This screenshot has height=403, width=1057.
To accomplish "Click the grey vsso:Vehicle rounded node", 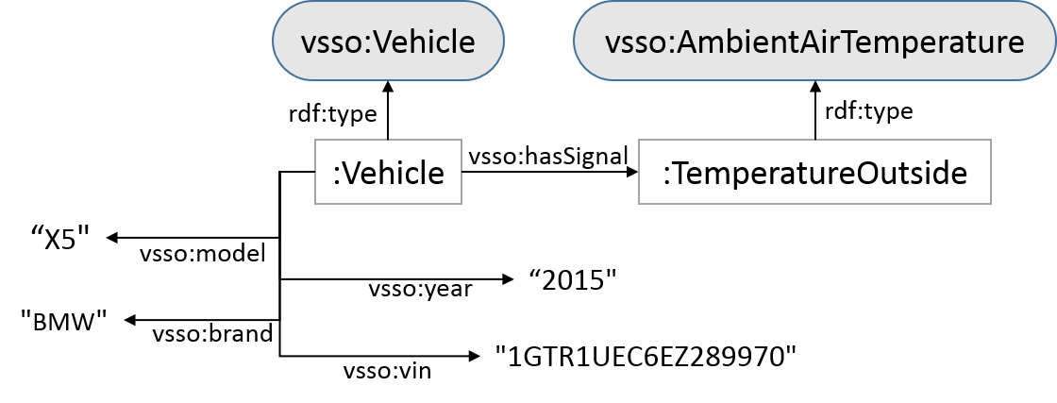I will (x=388, y=42).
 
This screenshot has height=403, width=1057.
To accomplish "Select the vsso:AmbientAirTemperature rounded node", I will (x=814, y=42).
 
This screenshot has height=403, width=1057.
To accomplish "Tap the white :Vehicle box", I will (x=388, y=172).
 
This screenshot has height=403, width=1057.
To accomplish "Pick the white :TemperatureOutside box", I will (x=814, y=172).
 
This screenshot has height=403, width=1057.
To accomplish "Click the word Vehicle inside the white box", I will (x=394, y=173).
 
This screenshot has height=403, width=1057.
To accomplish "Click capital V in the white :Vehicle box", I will (x=351, y=173).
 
